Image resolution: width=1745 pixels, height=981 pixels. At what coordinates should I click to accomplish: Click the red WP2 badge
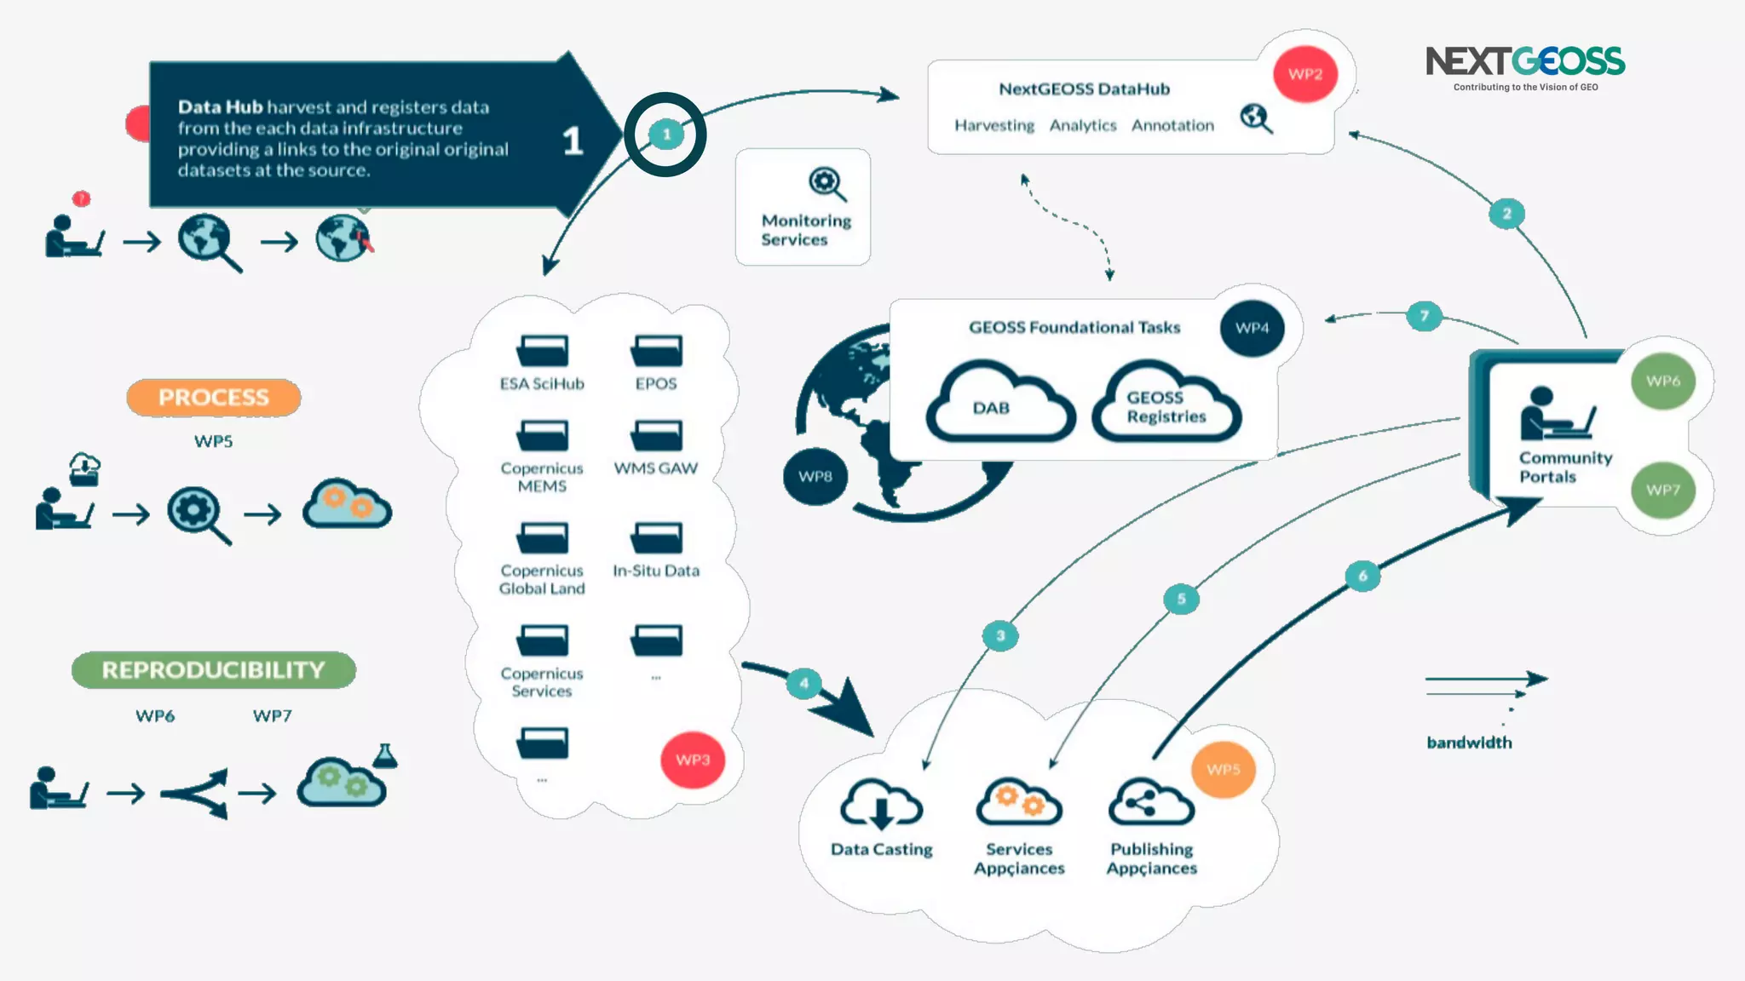[x=1304, y=74]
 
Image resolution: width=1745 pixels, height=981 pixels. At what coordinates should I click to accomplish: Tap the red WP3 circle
[x=693, y=760]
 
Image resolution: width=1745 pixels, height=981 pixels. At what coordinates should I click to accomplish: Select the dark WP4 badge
[x=1252, y=328]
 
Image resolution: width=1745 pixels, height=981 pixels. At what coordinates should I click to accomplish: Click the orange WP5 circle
[x=1223, y=769]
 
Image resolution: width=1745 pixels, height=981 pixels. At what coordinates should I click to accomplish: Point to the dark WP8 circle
[x=815, y=476]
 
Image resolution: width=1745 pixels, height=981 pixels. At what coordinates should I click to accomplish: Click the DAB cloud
[x=999, y=404]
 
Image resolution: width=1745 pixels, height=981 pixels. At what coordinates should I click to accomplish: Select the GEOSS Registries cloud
[x=1166, y=404]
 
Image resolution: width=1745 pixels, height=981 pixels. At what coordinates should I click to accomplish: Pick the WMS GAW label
[x=656, y=468]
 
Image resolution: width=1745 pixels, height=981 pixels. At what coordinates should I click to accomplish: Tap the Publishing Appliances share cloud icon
[x=1151, y=802]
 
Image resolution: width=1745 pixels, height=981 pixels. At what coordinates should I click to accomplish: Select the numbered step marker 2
[x=1506, y=214]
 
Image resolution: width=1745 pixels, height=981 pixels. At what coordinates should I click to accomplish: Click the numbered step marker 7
[x=1424, y=316]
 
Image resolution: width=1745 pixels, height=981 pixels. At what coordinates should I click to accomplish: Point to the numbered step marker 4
[x=803, y=683]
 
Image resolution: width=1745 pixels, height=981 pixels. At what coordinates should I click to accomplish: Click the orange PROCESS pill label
[x=213, y=398]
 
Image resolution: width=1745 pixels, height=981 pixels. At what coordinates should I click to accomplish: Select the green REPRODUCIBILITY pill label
[x=213, y=670]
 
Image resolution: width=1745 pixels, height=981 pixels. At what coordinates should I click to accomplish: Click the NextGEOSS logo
[x=1525, y=66]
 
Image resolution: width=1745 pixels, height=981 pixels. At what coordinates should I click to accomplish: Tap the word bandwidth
[x=1469, y=743]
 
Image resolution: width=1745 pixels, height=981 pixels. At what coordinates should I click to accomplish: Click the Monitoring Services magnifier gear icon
[x=826, y=183]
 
